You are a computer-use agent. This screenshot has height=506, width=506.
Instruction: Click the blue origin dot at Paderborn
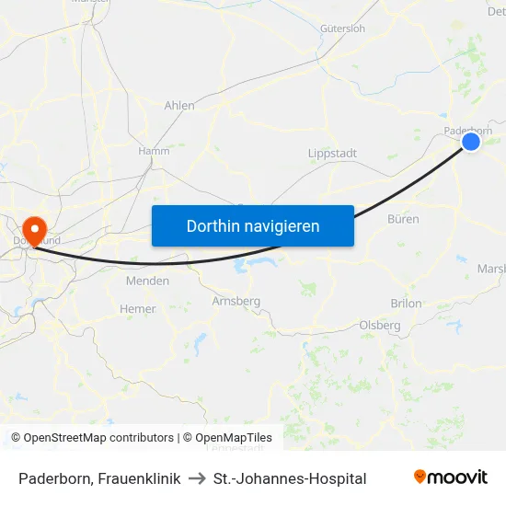470,142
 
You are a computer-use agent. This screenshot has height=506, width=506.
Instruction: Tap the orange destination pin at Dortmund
35,230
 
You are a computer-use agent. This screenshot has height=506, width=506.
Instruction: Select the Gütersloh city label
342,29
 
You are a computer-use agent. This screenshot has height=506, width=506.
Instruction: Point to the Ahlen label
179,106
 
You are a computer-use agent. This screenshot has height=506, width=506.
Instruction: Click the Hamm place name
154,151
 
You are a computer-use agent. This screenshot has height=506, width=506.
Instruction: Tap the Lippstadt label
333,154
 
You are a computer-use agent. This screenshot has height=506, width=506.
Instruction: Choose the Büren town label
403,219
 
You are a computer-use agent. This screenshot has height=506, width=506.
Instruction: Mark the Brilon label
406,303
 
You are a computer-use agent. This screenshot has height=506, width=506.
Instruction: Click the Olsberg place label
380,325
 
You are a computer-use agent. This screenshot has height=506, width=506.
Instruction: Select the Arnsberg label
236,301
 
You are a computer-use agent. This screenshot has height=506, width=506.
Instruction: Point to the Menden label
147,281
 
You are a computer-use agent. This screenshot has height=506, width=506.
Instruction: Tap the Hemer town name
138,309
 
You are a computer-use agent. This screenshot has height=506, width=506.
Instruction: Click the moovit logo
451,477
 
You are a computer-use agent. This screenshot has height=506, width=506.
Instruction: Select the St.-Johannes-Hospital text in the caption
290,478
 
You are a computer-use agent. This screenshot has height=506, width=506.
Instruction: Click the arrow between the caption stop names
197,478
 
